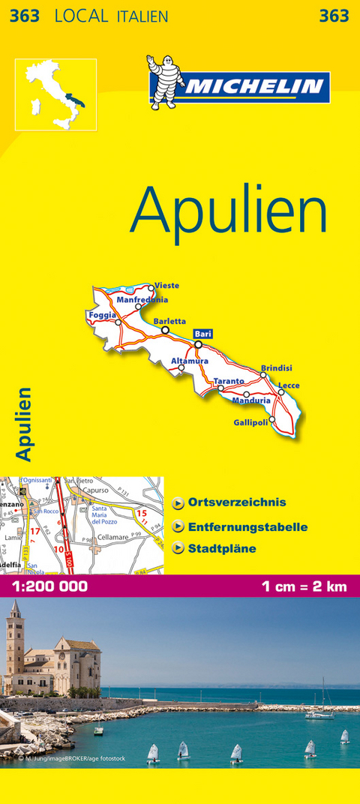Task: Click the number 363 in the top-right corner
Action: point(333,16)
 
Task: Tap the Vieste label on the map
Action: point(166,286)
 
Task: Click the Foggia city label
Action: point(100,315)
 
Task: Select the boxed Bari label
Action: point(202,334)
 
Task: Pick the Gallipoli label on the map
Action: point(250,423)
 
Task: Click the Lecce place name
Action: point(289,385)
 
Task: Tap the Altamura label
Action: point(190,361)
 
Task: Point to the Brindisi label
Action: point(276,368)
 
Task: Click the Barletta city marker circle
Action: point(165,329)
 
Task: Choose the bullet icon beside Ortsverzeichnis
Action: point(178,503)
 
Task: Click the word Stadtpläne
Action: point(222,549)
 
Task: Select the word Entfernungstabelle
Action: point(247,526)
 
